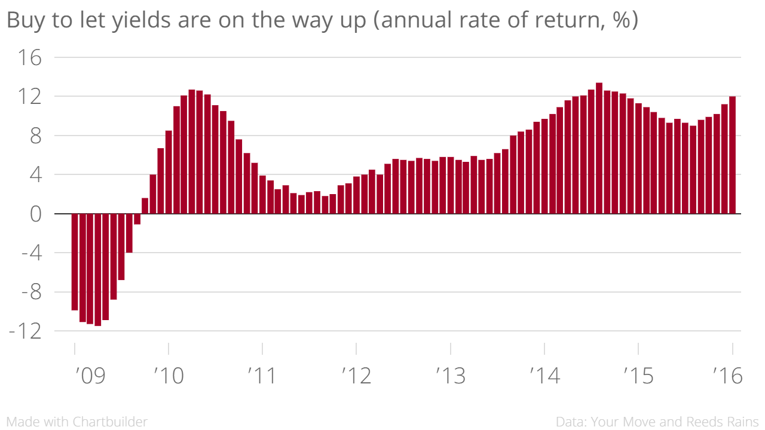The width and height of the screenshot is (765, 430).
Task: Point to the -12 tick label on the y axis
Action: (x=25, y=331)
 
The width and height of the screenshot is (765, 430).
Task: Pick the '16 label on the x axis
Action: (x=727, y=376)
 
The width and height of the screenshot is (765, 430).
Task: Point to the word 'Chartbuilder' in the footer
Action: (x=110, y=422)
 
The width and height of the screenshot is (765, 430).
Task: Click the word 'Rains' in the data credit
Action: (x=742, y=422)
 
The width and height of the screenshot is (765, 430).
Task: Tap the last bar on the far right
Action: (x=732, y=155)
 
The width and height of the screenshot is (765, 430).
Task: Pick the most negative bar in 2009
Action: (x=98, y=269)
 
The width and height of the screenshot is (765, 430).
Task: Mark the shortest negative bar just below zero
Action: (x=137, y=219)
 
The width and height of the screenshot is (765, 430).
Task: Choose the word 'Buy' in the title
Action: (x=23, y=20)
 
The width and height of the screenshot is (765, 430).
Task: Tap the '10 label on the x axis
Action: (x=169, y=376)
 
